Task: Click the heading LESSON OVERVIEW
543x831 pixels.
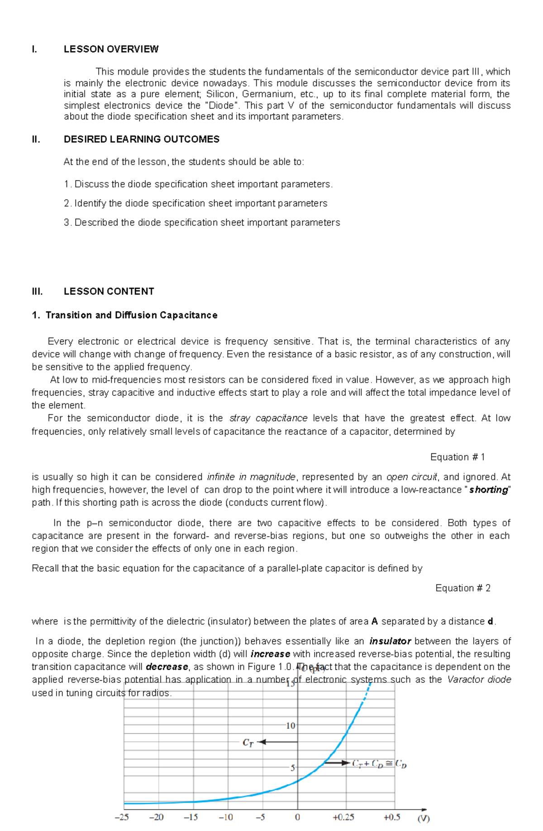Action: [x=111, y=49]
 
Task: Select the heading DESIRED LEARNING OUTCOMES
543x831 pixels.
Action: [x=141, y=139]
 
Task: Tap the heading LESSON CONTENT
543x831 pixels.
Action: [x=109, y=292]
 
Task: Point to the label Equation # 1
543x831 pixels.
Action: [x=457, y=457]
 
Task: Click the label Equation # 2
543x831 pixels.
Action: [x=462, y=588]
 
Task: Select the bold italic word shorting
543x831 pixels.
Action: [x=489, y=490]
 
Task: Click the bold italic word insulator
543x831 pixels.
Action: [x=390, y=641]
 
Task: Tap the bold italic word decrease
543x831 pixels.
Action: [x=167, y=667]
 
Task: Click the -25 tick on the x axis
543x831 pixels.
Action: [x=122, y=817]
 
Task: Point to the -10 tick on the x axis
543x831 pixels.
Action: [x=226, y=817]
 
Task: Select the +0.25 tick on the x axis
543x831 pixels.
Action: [x=343, y=817]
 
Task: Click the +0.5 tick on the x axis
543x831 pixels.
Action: [x=392, y=817]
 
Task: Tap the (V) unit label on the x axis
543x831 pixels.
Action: [x=424, y=818]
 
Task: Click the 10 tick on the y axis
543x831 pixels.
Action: [x=290, y=726]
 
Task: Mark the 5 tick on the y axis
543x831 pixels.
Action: [x=293, y=768]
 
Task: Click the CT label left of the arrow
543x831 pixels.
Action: [x=248, y=743]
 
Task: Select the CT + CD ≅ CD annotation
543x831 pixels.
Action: [x=379, y=764]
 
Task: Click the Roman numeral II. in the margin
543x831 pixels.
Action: [x=36, y=139]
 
